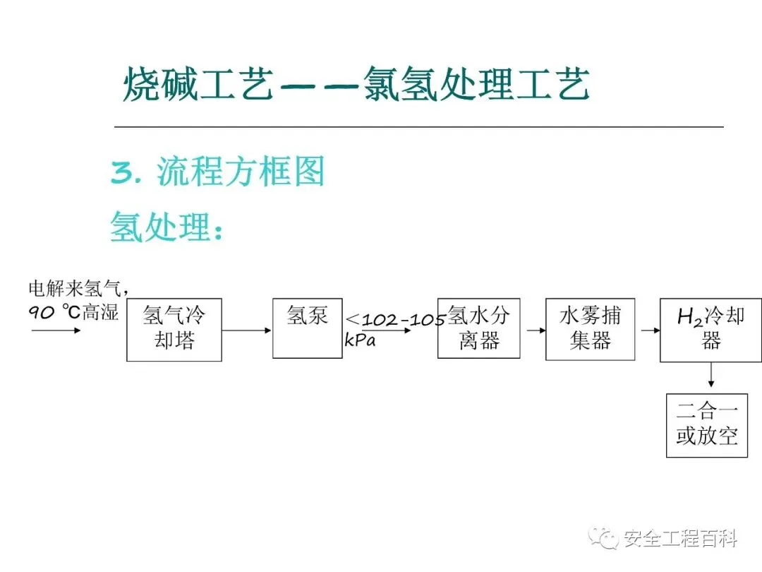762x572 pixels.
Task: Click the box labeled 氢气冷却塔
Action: (x=174, y=330)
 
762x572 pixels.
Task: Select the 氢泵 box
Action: (x=308, y=328)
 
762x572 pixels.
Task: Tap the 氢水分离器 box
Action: (x=478, y=328)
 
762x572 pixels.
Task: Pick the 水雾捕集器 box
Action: (x=586, y=329)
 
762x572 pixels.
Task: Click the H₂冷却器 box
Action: (x=710, y=330)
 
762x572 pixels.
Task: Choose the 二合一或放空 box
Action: (x=707, y=425)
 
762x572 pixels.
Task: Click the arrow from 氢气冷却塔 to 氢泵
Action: (x=247, y=330)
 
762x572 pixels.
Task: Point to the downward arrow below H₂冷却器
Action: (x=711, y=375)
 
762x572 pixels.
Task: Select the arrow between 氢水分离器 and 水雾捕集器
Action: (x=533, y=330)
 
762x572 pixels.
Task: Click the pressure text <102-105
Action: (x=395, y=320)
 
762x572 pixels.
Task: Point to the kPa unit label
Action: (x=360, y=340)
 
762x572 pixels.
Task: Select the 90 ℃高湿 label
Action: (x=73, y=311)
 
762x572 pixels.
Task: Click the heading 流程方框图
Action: (x=240, y=172)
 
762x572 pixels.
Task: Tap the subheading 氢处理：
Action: (x=167, y=227)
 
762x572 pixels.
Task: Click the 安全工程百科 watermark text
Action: (x=679, y=540)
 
